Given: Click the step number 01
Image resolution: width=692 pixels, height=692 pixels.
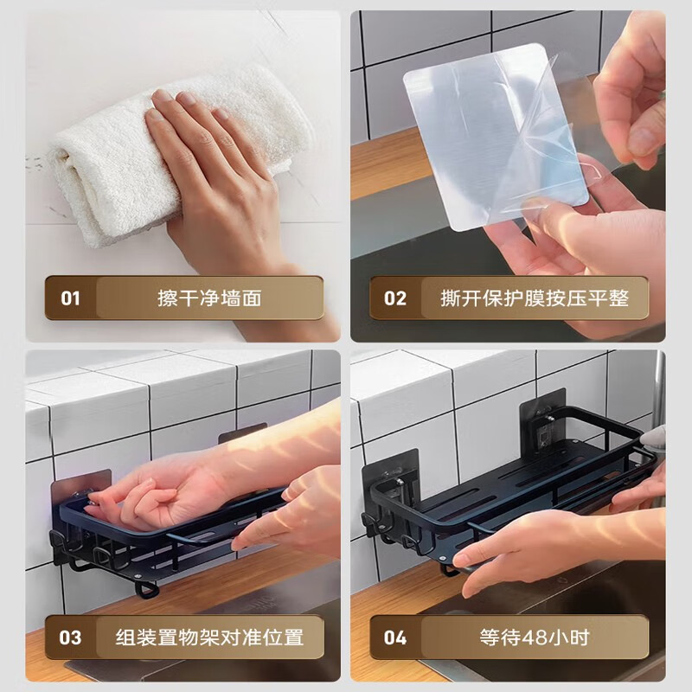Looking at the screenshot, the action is (70, 298).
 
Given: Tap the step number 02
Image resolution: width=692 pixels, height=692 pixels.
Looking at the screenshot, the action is (395, 298).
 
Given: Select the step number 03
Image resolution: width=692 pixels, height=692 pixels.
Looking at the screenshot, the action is (70, 638).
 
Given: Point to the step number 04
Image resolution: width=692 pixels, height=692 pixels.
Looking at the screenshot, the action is (395, 638).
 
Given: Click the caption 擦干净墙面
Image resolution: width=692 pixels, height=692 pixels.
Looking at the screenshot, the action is (209, 298).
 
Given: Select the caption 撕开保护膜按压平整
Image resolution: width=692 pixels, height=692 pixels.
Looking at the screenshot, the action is (535, 298).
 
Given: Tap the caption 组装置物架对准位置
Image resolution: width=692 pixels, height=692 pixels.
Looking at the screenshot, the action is (209, 638).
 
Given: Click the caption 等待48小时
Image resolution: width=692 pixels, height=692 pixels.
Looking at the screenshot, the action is (535, 638).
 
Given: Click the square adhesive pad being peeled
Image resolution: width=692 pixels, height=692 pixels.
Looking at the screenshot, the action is (497, 137).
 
